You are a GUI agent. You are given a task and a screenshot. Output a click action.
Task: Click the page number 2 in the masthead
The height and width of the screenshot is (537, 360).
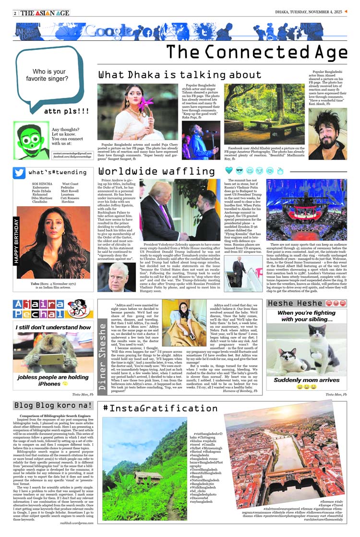[16, 13]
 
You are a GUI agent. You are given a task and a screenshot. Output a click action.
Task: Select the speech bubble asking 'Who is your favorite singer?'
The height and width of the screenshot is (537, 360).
[46, 75]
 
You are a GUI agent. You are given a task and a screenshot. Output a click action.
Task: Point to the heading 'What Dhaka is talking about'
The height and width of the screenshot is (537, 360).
[173, 75]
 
